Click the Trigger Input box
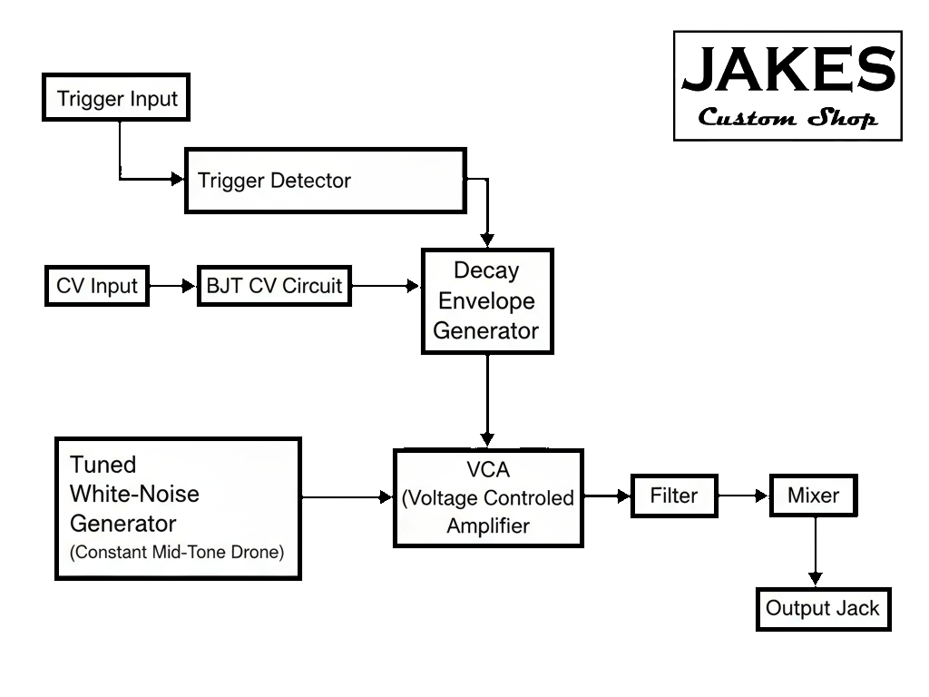pyautogui.click(x=116, y=98)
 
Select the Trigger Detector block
pyautogui.click(x=325, y=181)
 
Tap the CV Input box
pyautogui.click(x=96, y=286)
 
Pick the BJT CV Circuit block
pyautogui.click(x=274, y=286)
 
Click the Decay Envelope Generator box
pyautogui.click(x=486, y=300)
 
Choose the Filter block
pyautogui.click(x=674, y=496)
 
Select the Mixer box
pyautogui.click(x=813, y=496)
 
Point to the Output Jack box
pyautogui.click(x=823, y=608)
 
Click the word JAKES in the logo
pyautogui.click(x=787, y=71)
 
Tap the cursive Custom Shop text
pyautogui.click(x=787, y=119)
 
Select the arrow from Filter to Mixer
pyautogui.click(x=744, y=496)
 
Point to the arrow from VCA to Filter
pyautogui.click(x=607, y=496)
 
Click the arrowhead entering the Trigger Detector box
pyautogui.click(x=177, y=180)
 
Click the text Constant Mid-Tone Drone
pyautogui.click(x=178, y=551)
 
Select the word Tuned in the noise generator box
pyautogui.click(x=103, y=465)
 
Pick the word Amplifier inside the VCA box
pyautogui.click(x=487, y=525)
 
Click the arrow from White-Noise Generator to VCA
pyautogui.click(x=346, y=496)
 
